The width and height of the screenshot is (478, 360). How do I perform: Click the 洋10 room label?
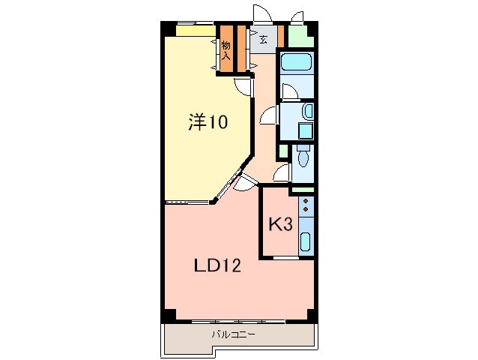pyautogui.click(x=207, y=122)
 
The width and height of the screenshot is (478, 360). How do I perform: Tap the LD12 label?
pyautogui.click(x=217, y=265)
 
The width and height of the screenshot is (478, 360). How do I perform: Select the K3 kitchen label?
pyautogui.click(x=280, y=224)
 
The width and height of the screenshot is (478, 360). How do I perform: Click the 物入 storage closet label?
pyautogui.click(x=226, y=49)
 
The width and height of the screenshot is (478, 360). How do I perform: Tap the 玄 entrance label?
pyautogui.click(x=263, y=40)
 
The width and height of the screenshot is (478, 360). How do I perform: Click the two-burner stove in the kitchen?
pyautogui.click(x=305, y=206)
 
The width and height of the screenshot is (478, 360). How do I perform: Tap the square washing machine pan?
pyautogui.click(x=306, y=131)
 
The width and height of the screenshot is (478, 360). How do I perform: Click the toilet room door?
pyautogui.click(x=282, y=174)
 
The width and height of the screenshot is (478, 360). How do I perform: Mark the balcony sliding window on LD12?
pyautogui.click(x=238, y=321)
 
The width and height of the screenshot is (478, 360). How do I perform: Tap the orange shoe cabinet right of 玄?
pyautogui.click(x=281, y=36)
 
